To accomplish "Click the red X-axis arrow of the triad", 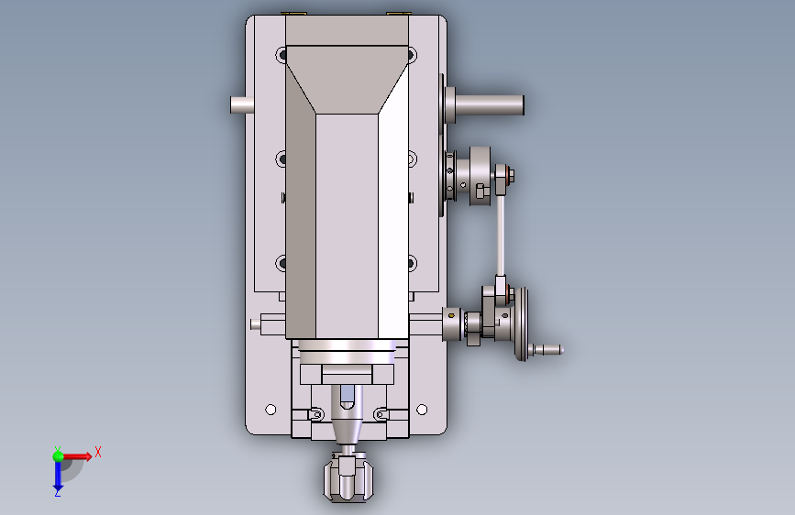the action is [76, 456].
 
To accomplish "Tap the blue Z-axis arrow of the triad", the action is [58, 477].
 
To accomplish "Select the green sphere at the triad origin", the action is [59, 456].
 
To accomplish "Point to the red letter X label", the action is [98, 452].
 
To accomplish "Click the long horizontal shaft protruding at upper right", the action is [490, 105].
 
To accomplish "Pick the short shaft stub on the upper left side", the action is [242, 105].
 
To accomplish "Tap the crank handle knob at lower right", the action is [547, 350].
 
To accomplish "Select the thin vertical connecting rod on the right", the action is [501, 236].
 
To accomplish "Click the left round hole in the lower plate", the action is [271, 409].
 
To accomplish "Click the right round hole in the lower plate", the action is [422, 409].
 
